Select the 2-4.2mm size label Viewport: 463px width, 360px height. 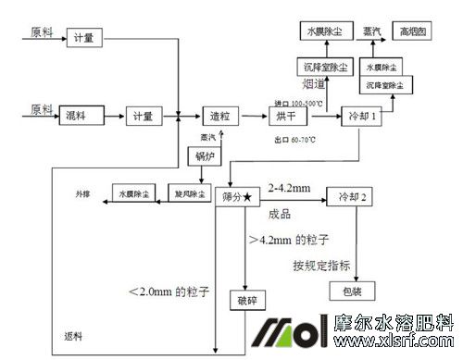[288, 189]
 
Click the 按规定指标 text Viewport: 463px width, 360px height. [321, 266]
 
